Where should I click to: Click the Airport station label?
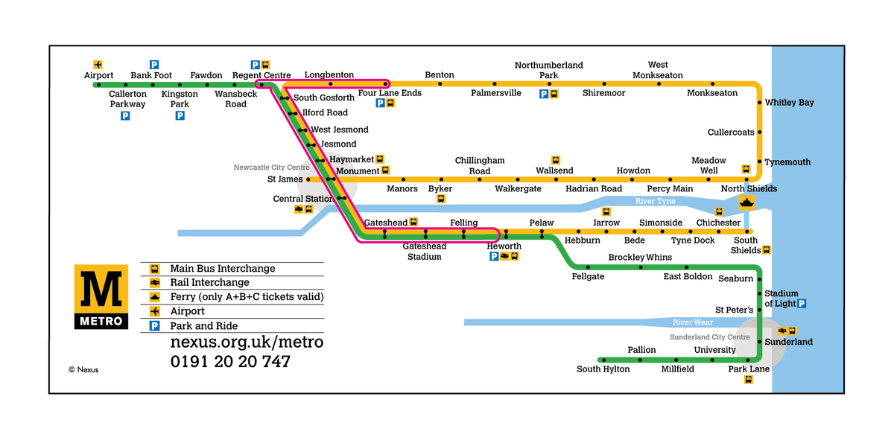(98, 75)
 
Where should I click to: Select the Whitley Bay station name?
(789, 103)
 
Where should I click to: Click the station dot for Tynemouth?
(759, 162)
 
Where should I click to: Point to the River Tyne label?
(655, 202)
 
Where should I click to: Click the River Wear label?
(692, 322)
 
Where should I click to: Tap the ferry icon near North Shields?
(746, 202)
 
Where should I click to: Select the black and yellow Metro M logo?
(101, 297)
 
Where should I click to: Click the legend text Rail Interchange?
(209, 283)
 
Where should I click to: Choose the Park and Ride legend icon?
(154, 326)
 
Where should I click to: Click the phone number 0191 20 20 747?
(230, 362)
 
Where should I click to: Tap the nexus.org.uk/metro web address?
(247, 342)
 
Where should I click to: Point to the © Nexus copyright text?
(83, 369)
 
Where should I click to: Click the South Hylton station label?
(603, 369)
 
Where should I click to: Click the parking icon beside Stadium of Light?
(802, 304)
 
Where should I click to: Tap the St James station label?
(285, 179)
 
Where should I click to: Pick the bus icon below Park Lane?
(749, 380)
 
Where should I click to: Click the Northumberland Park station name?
(548, 70)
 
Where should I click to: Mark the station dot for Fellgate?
(588, 267)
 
